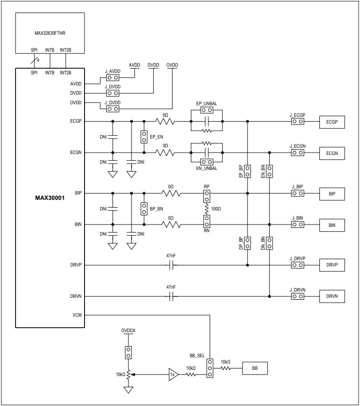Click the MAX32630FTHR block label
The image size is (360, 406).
pos(50,33)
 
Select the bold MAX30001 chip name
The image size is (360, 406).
pos(50,198)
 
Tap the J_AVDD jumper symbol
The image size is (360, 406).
pos(113,77)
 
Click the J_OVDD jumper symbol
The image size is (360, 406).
pos(113,109)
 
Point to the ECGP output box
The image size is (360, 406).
pos(332,122)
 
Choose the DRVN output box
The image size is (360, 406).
pos(332,296)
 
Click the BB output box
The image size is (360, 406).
pos(255,368)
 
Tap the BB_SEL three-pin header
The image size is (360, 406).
pos(210,368)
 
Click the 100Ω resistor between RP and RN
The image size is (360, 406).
pos(206,209)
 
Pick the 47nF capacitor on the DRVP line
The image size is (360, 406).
pos(171,265)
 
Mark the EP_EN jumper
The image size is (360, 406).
pos(144,137)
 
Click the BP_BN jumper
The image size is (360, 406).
pos(144,209)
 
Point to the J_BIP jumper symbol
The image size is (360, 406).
pos(298,194)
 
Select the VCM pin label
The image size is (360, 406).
pos(77,315)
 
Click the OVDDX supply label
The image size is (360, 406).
pos(128,331)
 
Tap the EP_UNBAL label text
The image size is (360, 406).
pos(206,103)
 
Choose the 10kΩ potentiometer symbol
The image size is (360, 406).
pos(128,375)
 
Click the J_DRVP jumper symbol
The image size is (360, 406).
pos(298,265)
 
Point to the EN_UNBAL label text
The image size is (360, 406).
pos(206,168)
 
